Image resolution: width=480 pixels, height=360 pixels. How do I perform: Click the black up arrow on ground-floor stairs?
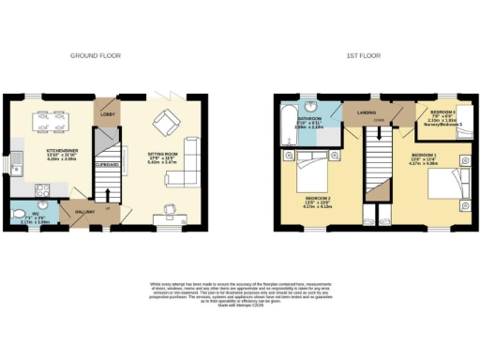[x=112, y=208]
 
